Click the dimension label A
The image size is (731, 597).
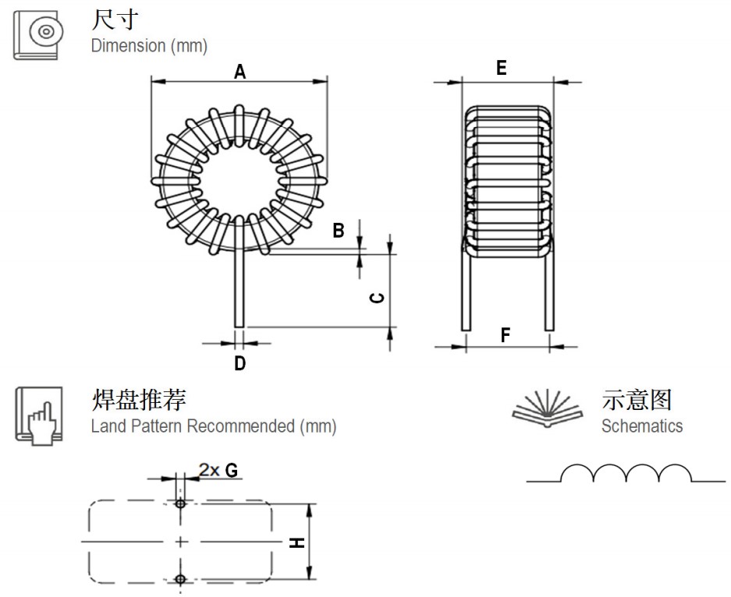[x=240, y=72]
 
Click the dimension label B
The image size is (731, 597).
[x=338, y=231]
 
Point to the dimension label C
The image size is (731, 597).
[x=376, y=298]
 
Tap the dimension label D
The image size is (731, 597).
[x=240, y=363]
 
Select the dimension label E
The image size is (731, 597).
[x=501, y=69]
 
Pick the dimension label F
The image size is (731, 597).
[x=506, y=336]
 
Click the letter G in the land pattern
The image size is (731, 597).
[x=231, y=470]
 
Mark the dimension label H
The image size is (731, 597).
[x=297, y=542]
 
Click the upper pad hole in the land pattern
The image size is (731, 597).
[x=181, y=503]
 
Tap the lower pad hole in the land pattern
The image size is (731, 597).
[x=181, y=578]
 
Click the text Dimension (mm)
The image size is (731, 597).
[x=149, y=46]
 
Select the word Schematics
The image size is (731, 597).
[x=641, y=426]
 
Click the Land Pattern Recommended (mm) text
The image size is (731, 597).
[x=213, y=426]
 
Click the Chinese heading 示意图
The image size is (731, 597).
[x=637, y=400]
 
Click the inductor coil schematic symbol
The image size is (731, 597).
[x=626, y=472]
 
